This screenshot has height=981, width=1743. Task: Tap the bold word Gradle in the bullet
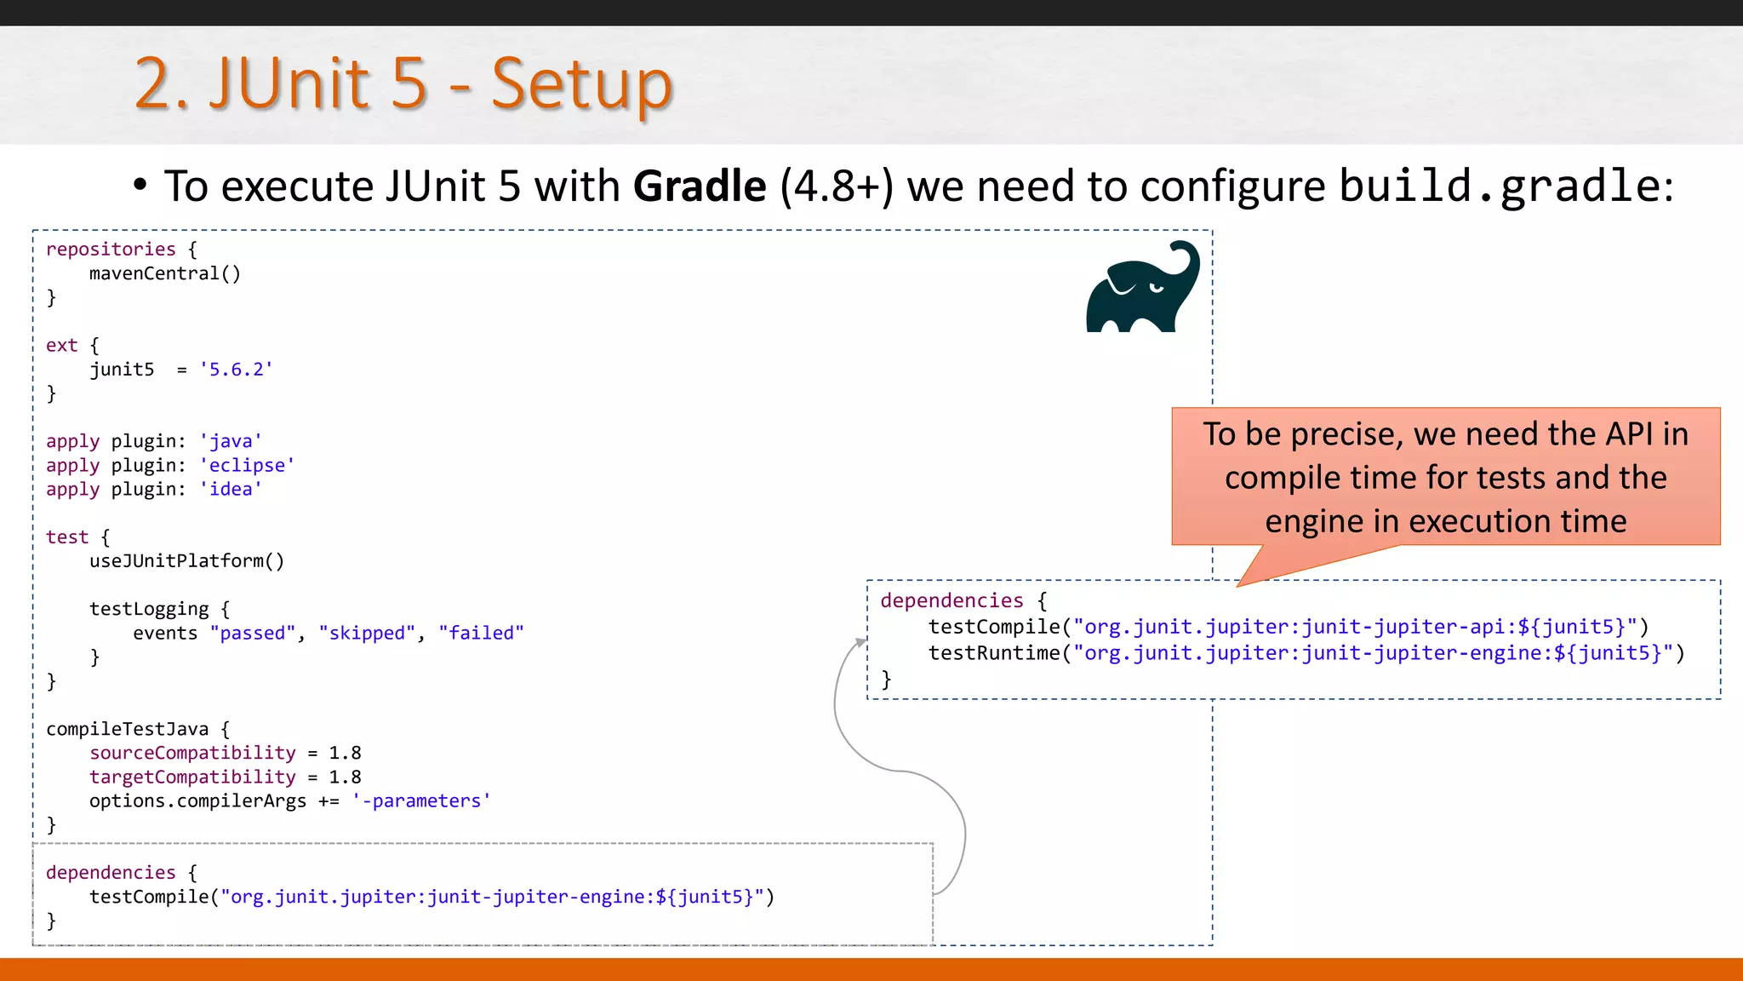pos(700,186)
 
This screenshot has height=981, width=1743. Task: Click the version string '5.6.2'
pos(236,370)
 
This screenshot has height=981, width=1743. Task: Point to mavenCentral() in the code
pos(165,273)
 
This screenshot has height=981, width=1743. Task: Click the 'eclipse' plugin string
pos(247,466)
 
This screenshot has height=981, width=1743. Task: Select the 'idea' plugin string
pos(231,490)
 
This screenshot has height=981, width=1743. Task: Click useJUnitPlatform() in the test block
pos(186,561)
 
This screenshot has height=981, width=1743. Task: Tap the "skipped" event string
pos(367,634)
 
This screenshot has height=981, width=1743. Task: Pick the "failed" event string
pos(481,634)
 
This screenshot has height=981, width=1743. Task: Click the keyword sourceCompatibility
pos(192,753)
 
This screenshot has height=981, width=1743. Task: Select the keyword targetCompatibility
pos(192,777)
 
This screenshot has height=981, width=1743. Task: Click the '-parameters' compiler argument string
pos(421,801)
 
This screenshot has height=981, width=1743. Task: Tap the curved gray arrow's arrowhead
pos(860,643)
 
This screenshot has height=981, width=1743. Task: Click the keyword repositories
pos(111,250)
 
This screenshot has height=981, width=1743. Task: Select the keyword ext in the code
pos(61,346)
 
